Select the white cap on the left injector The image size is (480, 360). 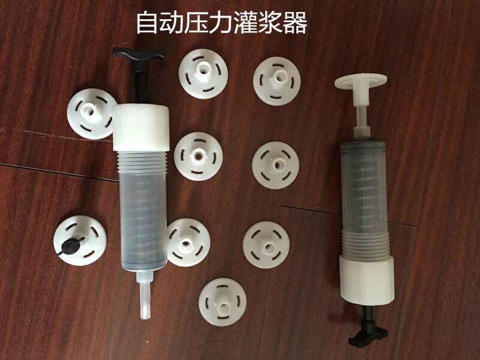(141, 127)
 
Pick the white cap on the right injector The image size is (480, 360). (367, 281)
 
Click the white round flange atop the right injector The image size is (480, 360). (361, 81)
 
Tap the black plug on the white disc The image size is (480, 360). (71, 245)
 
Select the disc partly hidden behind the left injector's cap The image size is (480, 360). (91, 114)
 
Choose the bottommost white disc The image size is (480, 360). (223, 302)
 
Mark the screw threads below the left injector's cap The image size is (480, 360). (142, 163)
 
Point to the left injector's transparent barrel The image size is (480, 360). (143, 221)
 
